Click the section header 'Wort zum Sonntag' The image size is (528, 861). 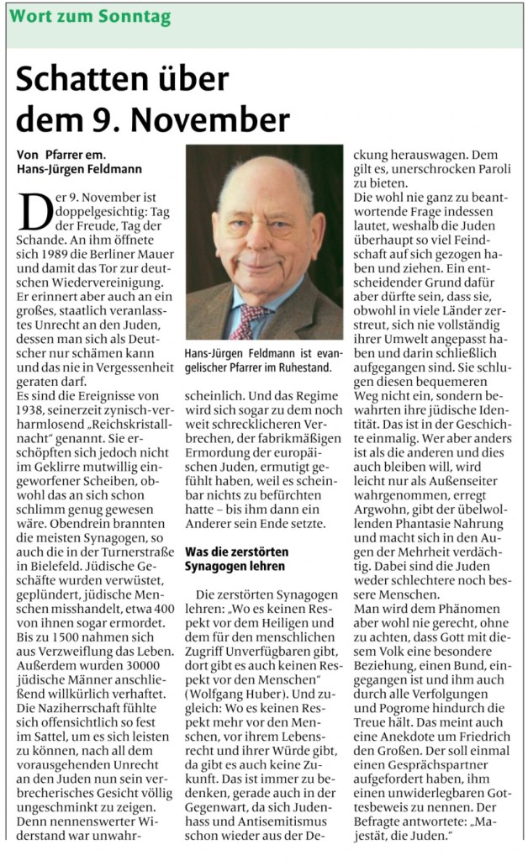90,17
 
